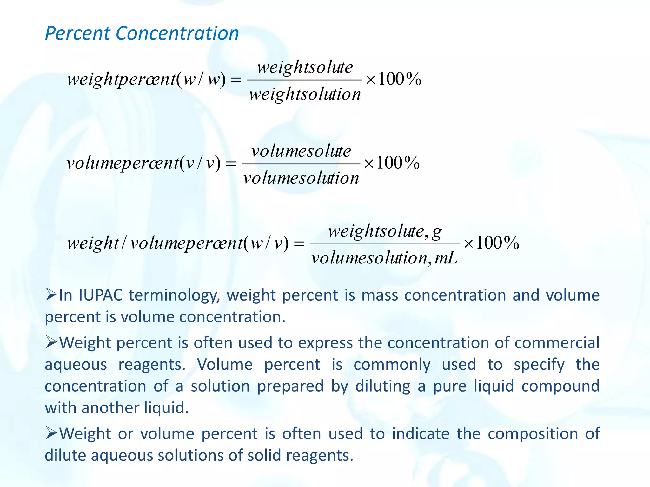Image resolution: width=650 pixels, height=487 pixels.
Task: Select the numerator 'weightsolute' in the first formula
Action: (x=305, y=67)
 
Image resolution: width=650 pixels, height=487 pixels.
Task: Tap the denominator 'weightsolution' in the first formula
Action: (x=305, y=94)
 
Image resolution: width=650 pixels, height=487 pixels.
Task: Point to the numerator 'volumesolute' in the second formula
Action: (x=301, y=151)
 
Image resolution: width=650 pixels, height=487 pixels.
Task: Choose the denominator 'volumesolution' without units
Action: (x=301, y=178)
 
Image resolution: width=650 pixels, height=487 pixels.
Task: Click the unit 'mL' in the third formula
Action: (x=446, y=258)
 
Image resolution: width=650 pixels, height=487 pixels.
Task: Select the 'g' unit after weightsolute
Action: (x=437, y=231)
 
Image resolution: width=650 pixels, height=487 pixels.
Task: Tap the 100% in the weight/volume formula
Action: (x=497, y=243)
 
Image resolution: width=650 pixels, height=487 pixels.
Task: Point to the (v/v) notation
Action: (x=200, y=163)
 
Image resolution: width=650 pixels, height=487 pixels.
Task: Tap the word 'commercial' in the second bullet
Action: (x=557, y=343)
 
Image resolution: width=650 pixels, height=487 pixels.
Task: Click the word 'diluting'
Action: (x=383, y=386)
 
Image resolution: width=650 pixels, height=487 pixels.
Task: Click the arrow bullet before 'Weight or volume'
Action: (x=51, y=433)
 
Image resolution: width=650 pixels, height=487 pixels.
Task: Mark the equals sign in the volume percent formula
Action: (x=231, y=164)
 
